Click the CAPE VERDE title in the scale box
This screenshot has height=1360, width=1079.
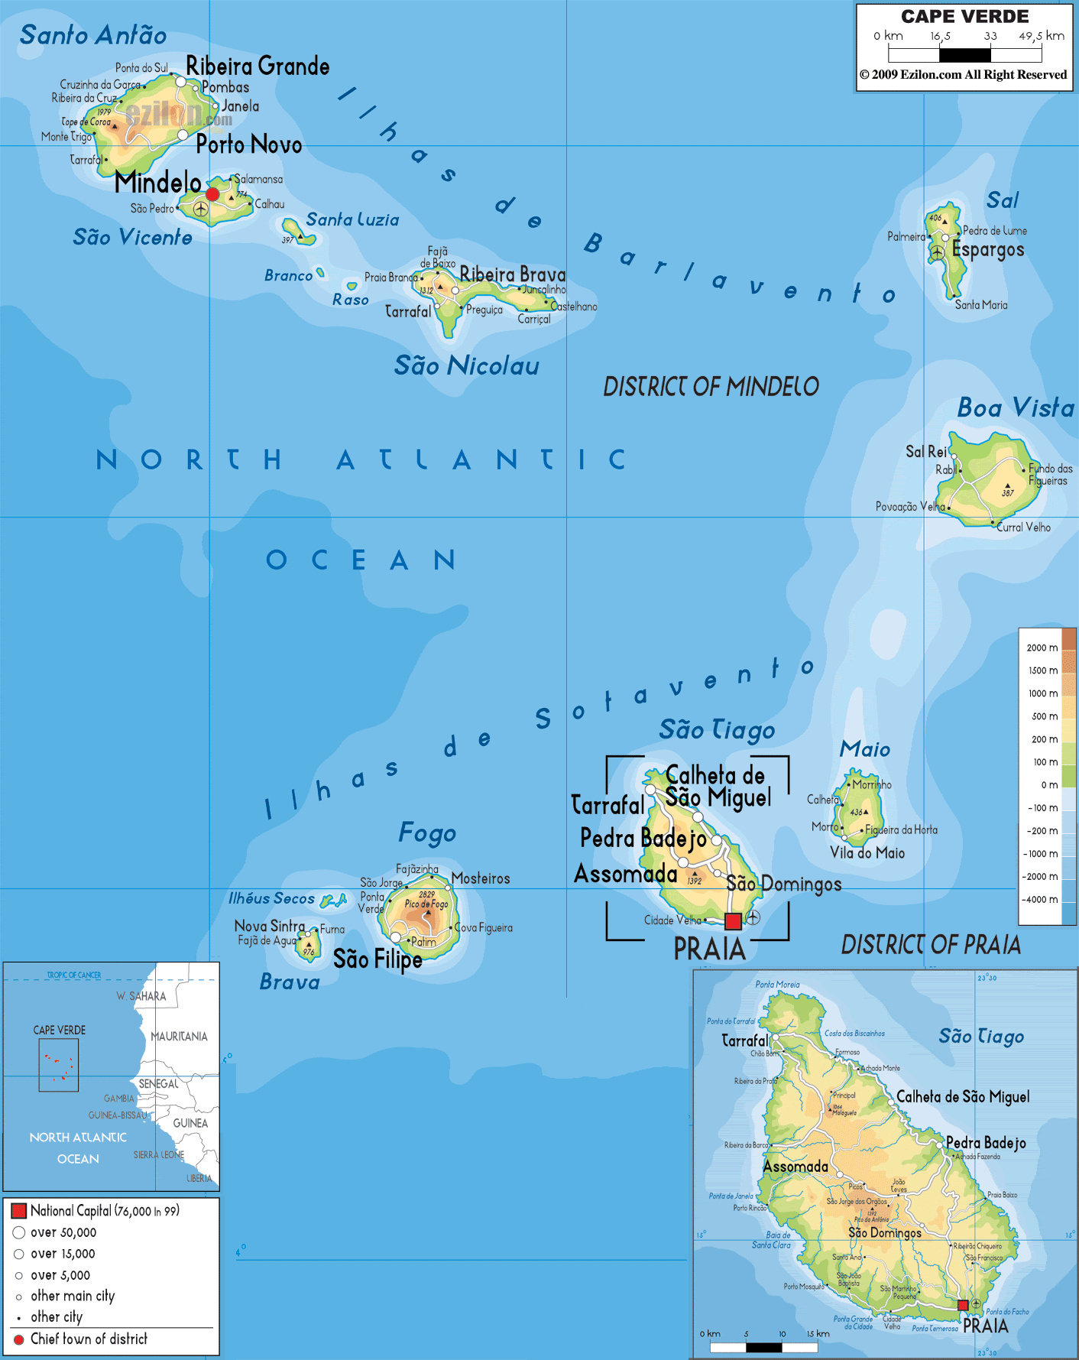[964, 17]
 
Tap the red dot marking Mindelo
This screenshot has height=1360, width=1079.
[212, 194]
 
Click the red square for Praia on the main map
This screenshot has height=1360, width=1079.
[733, 921]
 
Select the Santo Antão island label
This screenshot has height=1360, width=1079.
[93, 35]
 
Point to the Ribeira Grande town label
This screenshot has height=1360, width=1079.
[258, 67]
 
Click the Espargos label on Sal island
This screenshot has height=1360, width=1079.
[987, 250]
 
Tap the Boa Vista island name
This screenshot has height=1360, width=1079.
[1015, 407]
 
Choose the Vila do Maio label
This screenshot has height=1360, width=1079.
[867, 853]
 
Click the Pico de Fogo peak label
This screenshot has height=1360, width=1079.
[426, 904]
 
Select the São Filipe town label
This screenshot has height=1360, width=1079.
[377, 959]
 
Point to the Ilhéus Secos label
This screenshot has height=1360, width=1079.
[271, 899]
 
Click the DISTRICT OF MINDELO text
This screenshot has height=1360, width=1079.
[711, 387]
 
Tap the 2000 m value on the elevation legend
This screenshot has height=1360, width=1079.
[1042, 648]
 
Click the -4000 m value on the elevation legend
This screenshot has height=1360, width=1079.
[1040, 900]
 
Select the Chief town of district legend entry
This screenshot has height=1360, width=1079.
[89, 1339]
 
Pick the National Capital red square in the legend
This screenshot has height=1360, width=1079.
[19, 1210]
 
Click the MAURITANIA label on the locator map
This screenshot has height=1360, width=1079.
[179, 1037]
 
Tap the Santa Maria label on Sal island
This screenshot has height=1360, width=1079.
[981, 305]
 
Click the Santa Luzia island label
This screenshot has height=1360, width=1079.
[352, 220]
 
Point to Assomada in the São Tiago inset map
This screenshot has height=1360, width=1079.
[795, 1167]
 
